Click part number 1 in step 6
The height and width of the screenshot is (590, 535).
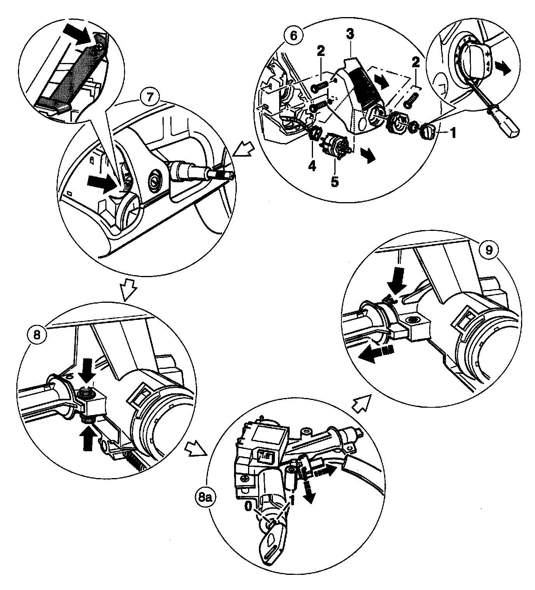[x=453, y=133]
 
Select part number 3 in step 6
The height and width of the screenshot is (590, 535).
[x=350, y=34]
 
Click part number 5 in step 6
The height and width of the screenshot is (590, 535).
[x=335, y=182]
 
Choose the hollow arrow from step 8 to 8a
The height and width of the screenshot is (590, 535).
[x=196, y=449]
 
